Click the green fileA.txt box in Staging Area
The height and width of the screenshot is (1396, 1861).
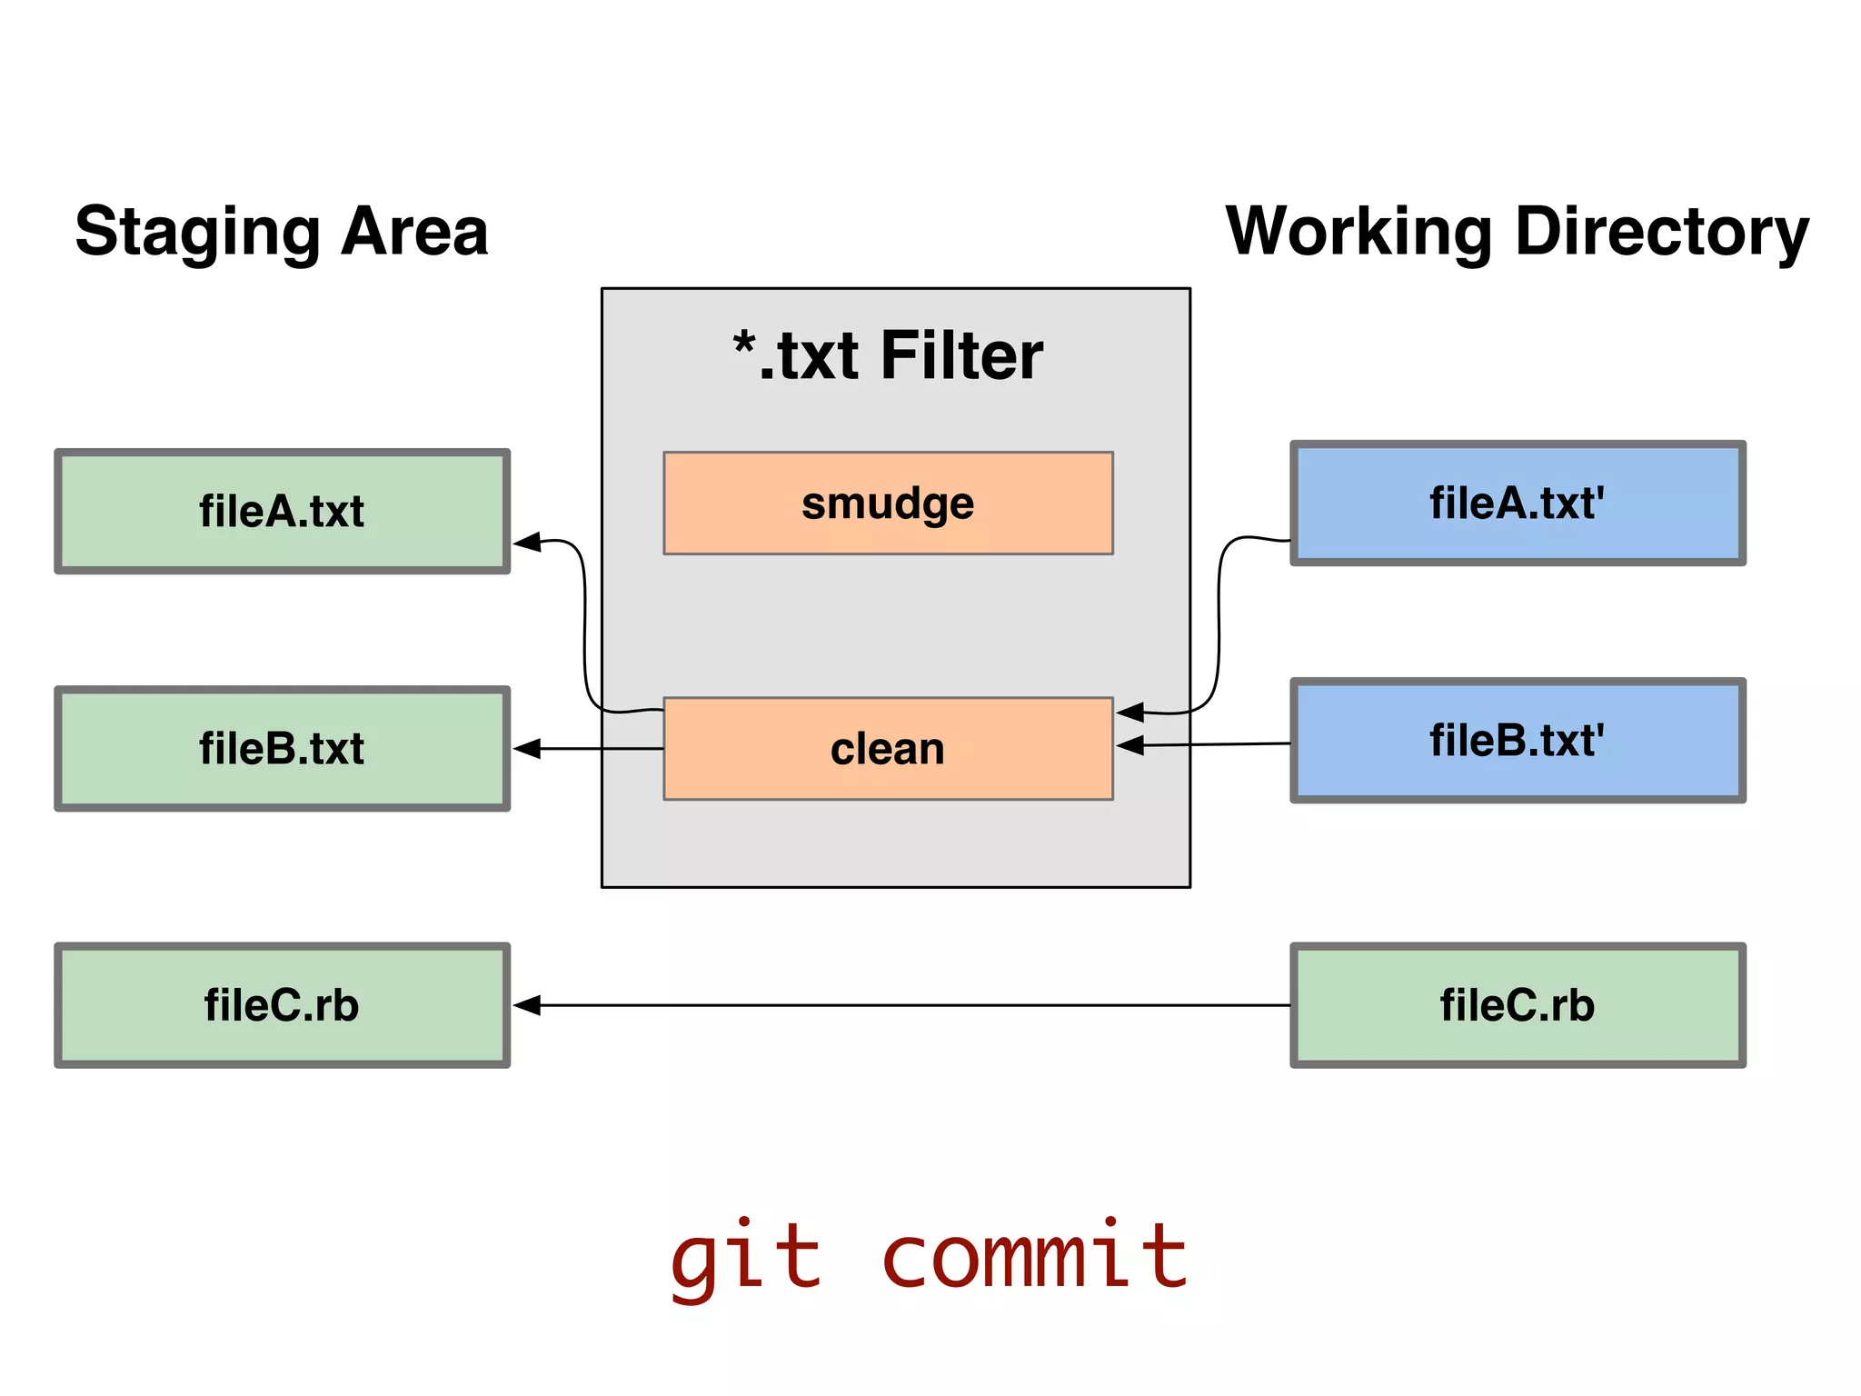click(x=282, y=512)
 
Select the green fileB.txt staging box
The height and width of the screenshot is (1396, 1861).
click(x=282, y=749)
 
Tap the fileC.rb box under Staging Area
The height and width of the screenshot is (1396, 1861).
click(x=282, y=1005)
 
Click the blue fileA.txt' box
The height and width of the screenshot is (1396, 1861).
click(x=1518, y=504)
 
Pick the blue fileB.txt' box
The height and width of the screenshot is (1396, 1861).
click(x=1518, y=741)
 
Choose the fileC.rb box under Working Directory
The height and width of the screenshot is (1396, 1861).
click(x=1518, y=1005)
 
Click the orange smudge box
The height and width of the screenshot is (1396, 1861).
click(x=888, y=503)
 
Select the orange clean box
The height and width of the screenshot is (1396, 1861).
click(x=888, y=749)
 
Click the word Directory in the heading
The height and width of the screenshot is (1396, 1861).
click(x=1662, y=233)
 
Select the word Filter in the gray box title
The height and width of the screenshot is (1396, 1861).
click(x=961, y=355)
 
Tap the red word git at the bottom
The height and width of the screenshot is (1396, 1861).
click(x=745, y=1259)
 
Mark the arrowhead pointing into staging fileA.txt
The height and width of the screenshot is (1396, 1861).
click(x=527, y=543)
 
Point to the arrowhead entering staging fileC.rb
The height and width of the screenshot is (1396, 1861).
click(x=527, y=1005)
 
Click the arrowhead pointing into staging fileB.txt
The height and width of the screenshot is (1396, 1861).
click(x=527, y=749)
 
